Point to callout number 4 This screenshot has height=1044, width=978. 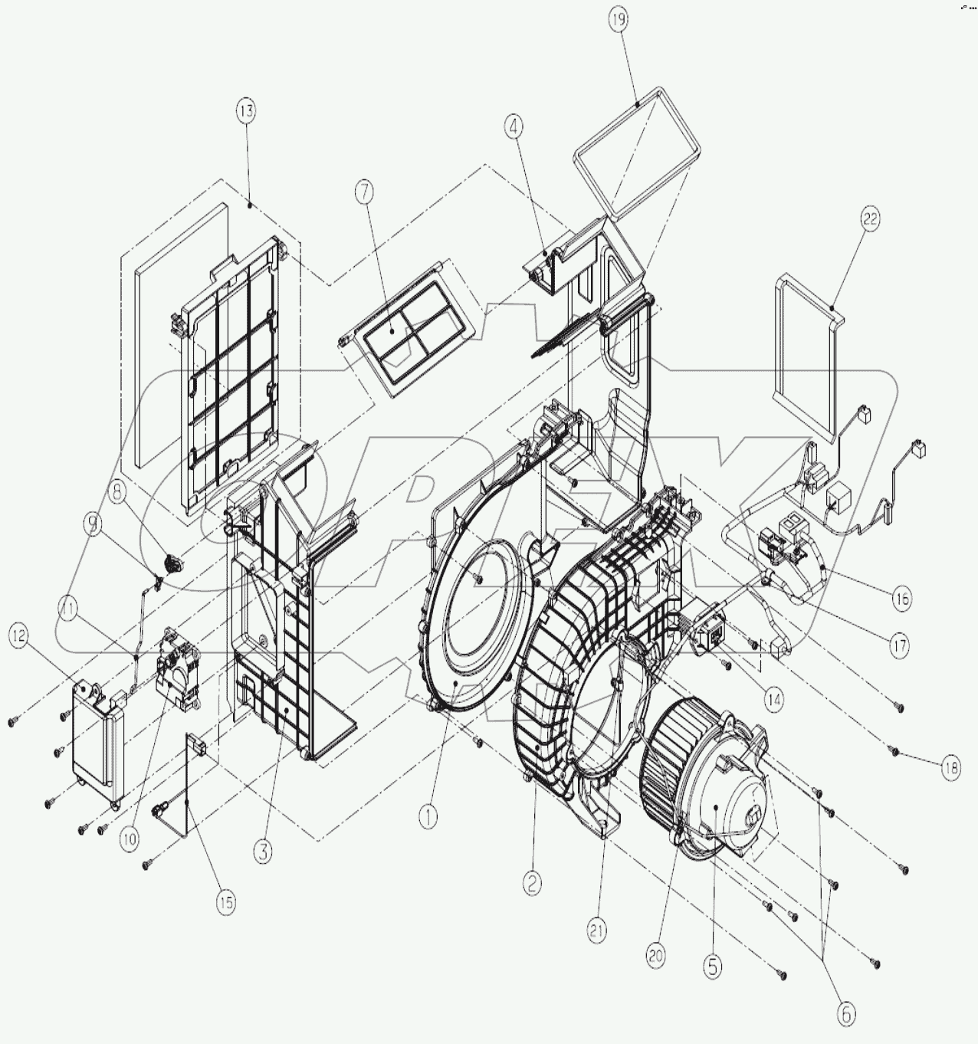tap(514, 127)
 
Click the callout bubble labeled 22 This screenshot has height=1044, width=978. tap(869, 219)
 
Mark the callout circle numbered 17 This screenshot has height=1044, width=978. tap(900, 645)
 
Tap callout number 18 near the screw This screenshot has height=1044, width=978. tap(950, 769)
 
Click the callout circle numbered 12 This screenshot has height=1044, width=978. tap(20, 635)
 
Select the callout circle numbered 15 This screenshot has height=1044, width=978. tap(225, 902)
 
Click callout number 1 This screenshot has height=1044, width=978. tap(427, 818)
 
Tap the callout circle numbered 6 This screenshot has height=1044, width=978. tap(845, 1014)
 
